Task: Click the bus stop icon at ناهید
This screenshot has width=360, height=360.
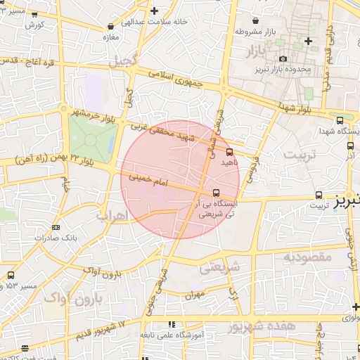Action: tap(230, 151)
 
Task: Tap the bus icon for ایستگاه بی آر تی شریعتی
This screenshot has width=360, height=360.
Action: tap(216, 193)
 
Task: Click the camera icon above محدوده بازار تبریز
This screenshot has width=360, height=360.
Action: tap(283, 58)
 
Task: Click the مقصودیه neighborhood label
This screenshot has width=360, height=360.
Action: tap(307, 257)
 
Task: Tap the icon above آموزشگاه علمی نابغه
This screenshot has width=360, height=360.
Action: tap(171, 324)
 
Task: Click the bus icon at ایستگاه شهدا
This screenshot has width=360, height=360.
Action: tap(340, 120)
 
